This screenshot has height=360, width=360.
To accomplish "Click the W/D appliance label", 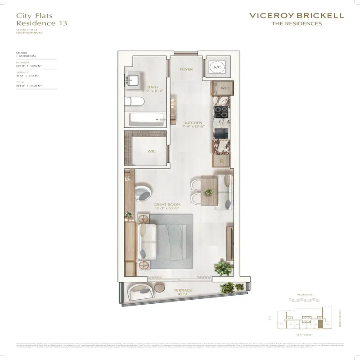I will pos(224,88).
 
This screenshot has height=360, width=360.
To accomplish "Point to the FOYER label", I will pos(186,70).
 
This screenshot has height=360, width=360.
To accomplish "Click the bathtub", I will pos(147,120).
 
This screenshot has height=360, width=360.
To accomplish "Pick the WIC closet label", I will pos(152,151).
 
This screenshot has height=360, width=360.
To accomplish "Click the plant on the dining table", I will pos(208,191).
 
